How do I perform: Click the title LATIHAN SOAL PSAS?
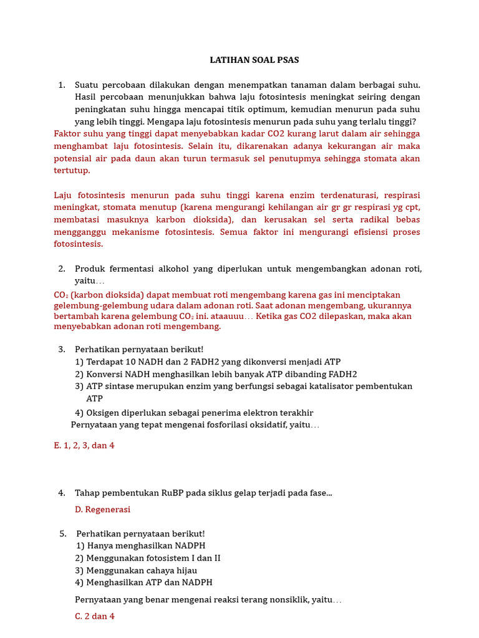tap(254, 60)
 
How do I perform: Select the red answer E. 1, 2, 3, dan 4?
tap(84, 445)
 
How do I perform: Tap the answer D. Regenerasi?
tap(102, 509)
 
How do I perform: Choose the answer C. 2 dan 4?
tap(94, 616)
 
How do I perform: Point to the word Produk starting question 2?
tap(90, 269)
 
